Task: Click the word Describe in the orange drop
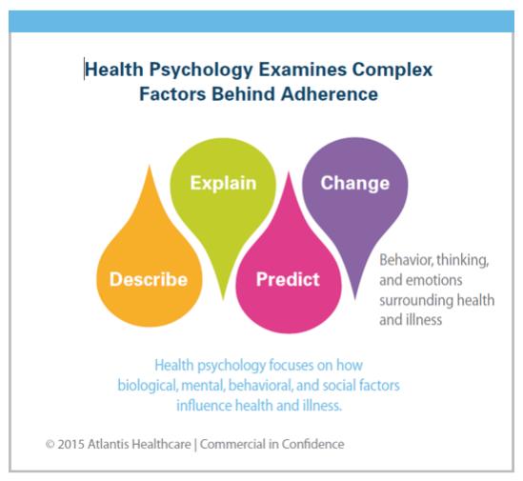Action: [149, 279]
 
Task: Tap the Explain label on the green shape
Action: [223, 183]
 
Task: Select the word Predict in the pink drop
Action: [288, 279]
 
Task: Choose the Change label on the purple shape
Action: [355, 183]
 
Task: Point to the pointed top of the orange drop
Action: [150, 165]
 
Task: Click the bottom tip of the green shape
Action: [223, 300]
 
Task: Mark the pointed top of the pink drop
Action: [289, 172]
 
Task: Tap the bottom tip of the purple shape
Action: [355, 299]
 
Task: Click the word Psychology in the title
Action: [201, 70]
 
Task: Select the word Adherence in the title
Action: [330, 93]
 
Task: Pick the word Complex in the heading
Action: [392, 70]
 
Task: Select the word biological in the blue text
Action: [148, 386]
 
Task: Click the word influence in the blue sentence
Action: [204, 406]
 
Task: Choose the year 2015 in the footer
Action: [70, 444]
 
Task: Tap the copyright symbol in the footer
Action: [50, 445]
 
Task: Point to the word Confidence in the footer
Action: [312, 444]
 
